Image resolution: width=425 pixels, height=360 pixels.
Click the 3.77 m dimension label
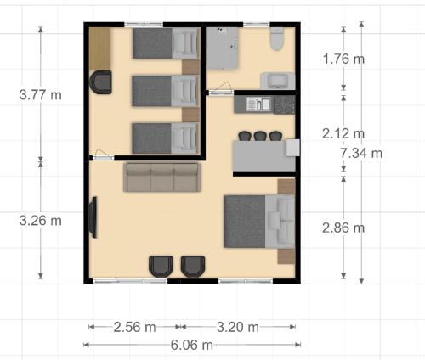pyautogui.click(x=41, y=94)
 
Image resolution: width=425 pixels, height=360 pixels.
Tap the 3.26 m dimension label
pyautogui.click(x=41, y=221)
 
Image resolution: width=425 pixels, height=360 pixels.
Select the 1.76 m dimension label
pyautogui.click(x=343, y=59)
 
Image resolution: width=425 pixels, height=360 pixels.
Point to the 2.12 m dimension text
pyautogui.click(x=343, y=133)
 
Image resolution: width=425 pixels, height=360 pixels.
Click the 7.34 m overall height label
pyautogui.click(x=361, y=153)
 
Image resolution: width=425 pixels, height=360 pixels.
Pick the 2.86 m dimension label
pyautogui.click(x=343, y=228)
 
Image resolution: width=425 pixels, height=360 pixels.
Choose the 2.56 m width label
pyautogui.click(x=134, y=327)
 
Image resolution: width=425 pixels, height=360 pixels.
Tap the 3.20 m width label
pyautogui.click(x=238, y=327)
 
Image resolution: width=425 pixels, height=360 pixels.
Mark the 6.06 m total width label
pyautogui.click(x=192, y=345)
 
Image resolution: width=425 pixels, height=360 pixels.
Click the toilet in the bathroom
pyautogui.click(x=277, y=39)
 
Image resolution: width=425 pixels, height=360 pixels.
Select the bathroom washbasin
pyautogui.click(x=278, y=81)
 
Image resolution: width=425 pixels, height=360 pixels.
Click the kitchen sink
pyautogui.click(x=258, y=104)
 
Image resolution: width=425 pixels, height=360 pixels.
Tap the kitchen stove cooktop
pyautogui.click(x=284, y=104)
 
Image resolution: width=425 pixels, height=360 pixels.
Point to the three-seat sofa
pyautogui.click(x=162, y=177)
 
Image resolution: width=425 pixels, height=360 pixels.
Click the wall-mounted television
pyautogui.click(x=93, y=217)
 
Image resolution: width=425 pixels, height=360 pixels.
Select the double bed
pyautogui.click(x=259, y=222)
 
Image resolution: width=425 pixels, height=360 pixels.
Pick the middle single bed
pyautogui.click(x=166, y=91)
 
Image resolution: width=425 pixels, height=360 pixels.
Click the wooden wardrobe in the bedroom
pyautogui.click(x=100, y=48)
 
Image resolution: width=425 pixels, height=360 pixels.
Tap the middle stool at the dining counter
pyautogui.click(x=260, y=136)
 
